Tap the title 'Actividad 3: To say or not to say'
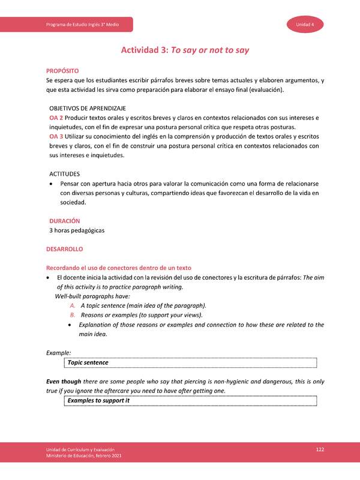(185, 50)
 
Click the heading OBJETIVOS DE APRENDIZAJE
(87, 107)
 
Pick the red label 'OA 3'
(56, 137)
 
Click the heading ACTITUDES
(65, 173)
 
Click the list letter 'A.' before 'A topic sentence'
(73, 305)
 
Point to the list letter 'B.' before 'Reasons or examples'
(73, 315)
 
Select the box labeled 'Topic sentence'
(190, 363)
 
